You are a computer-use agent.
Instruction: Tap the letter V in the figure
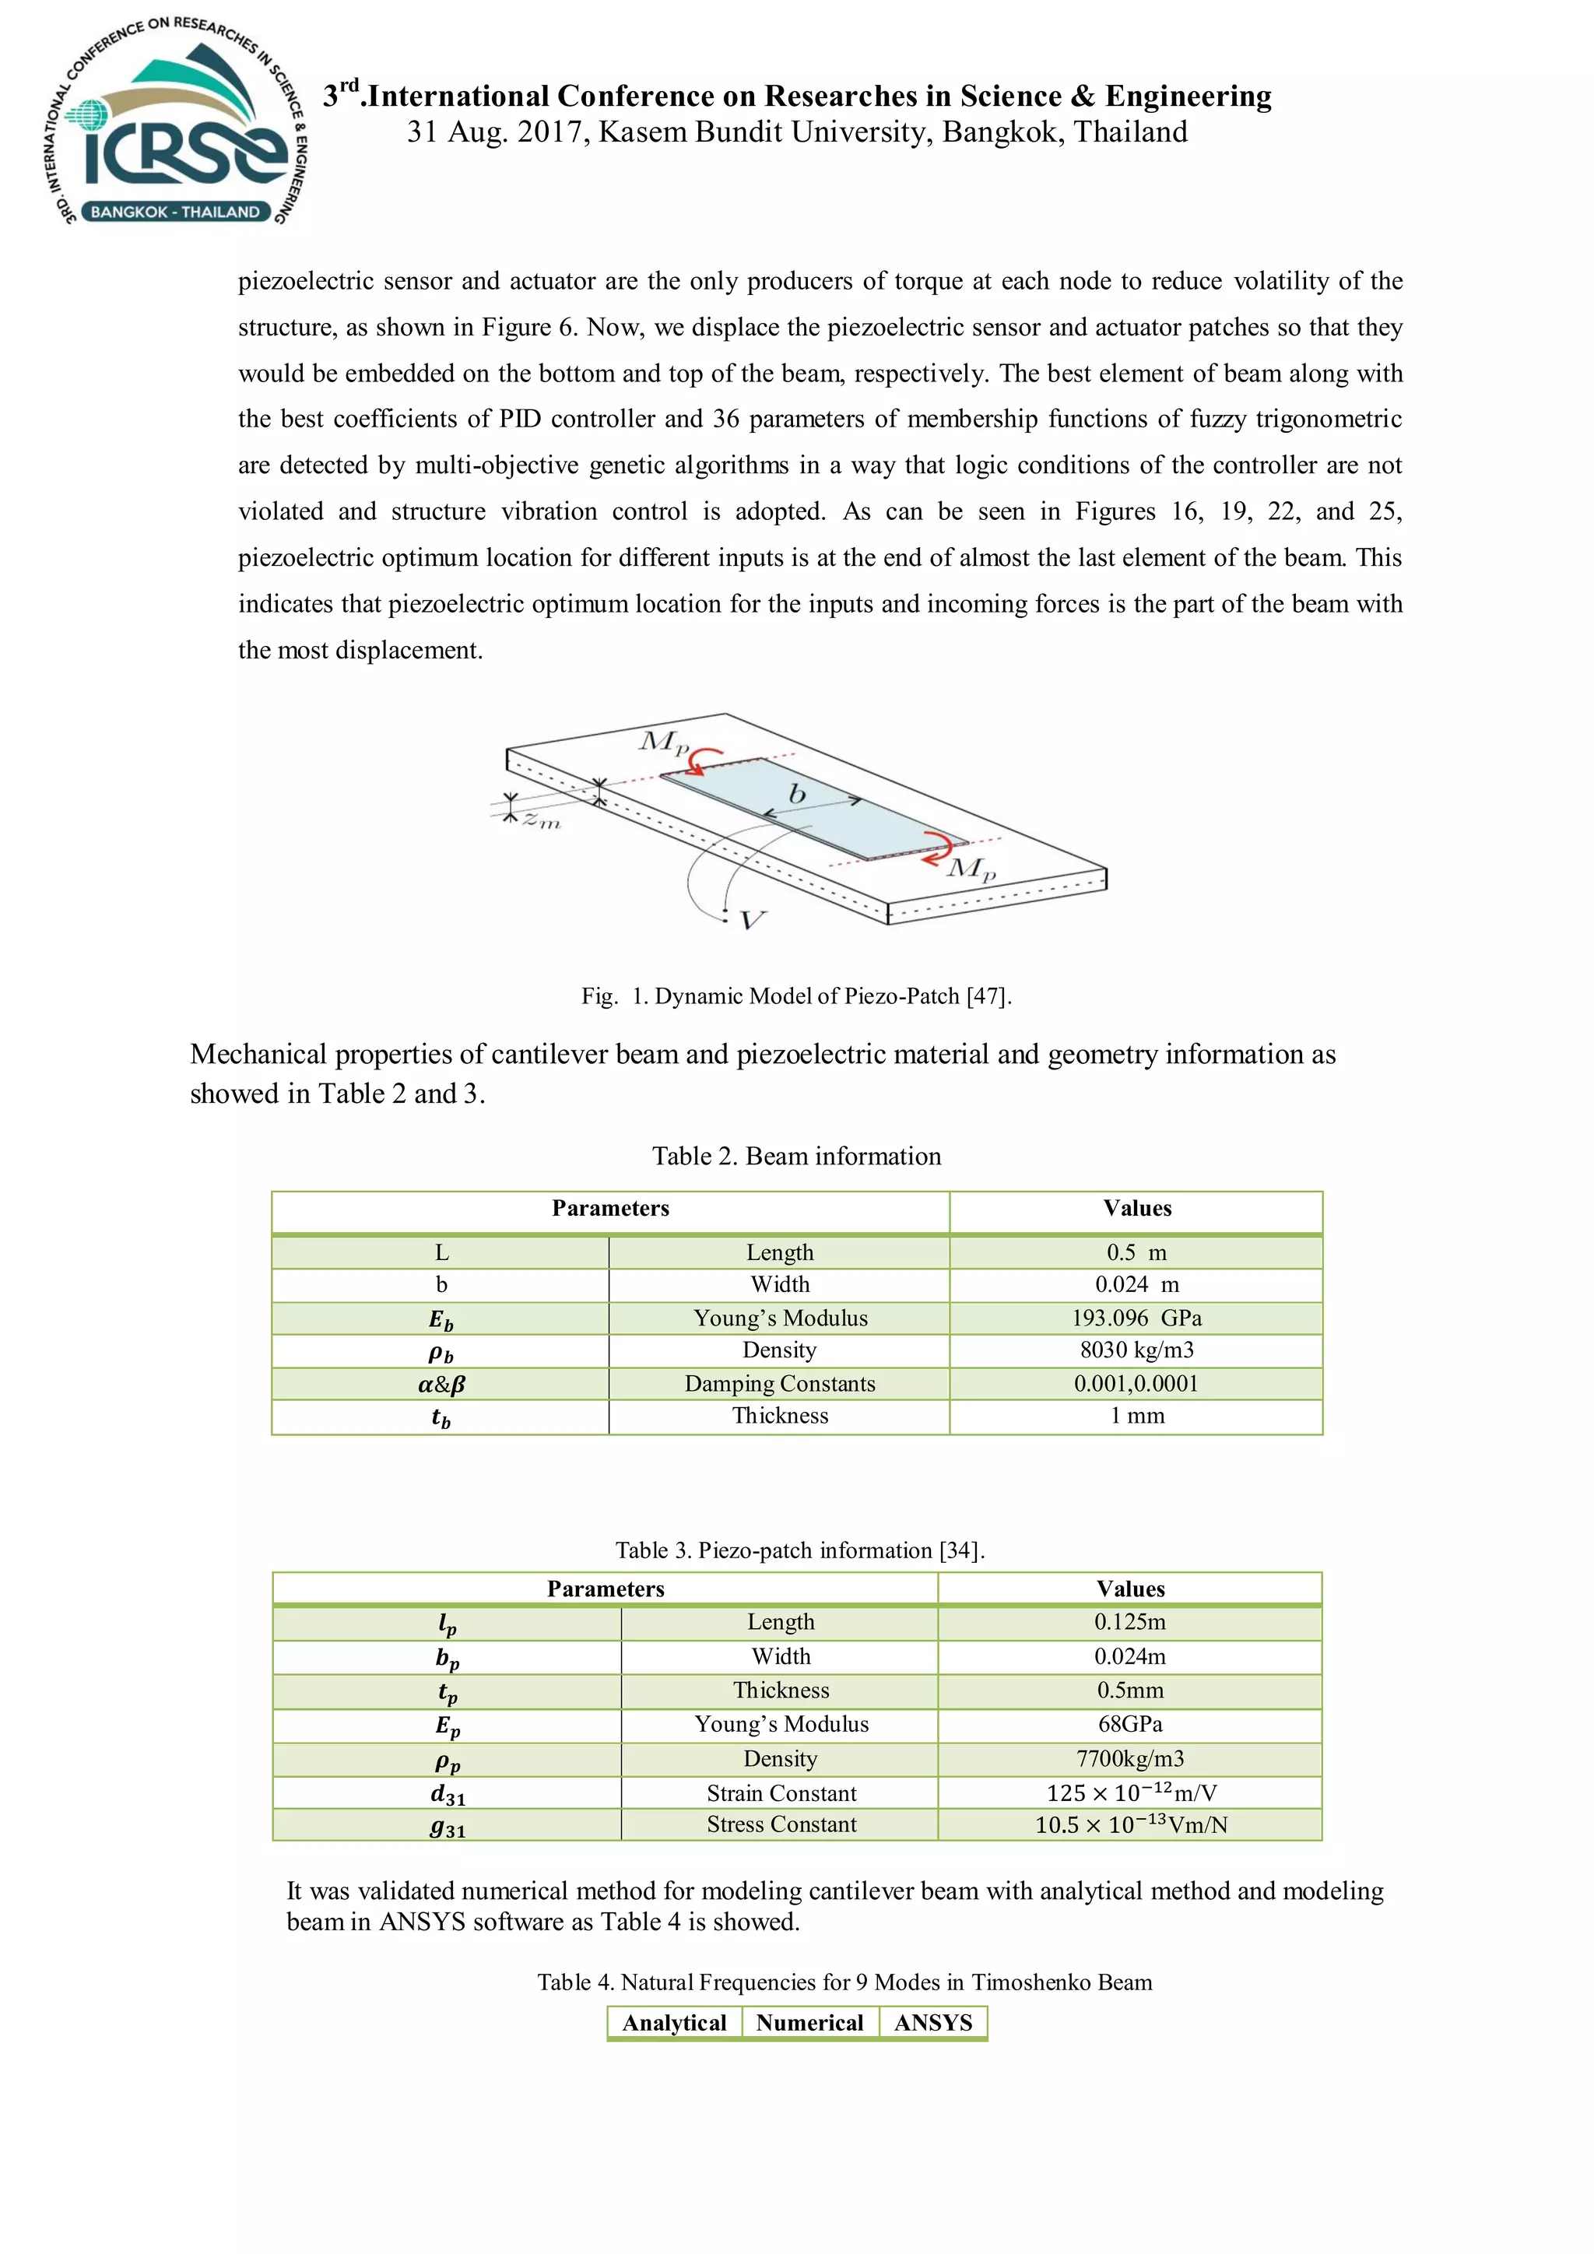click(751, 920)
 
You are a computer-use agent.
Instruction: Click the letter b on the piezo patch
click(797, 792)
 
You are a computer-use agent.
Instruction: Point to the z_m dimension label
click(541, 819)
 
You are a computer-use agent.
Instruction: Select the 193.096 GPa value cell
click(1136, 1318)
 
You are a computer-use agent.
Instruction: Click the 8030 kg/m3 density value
click(1136, 1350)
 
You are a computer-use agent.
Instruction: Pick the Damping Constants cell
click(779, 1383)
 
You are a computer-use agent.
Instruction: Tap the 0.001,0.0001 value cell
click(1136, 1383)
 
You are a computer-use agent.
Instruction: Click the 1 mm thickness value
click(1136, 1416)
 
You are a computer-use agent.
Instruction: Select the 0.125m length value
click(1130, 1622)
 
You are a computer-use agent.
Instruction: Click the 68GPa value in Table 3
click(1130, 1724)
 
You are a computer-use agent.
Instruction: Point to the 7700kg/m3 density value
click(1130, 1758)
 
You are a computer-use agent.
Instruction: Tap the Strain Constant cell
click(781, 1792)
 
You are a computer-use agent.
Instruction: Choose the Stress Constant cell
click(781, 1824)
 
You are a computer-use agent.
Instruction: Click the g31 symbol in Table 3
click(448, 1826)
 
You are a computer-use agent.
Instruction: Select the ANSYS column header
click(932, 2022)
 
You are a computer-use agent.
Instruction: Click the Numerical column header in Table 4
click(809, 2022)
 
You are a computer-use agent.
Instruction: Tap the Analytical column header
click(674, 2022)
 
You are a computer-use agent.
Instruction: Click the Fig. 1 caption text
click(796, 995)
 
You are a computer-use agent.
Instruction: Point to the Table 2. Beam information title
click(796, 1156)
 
